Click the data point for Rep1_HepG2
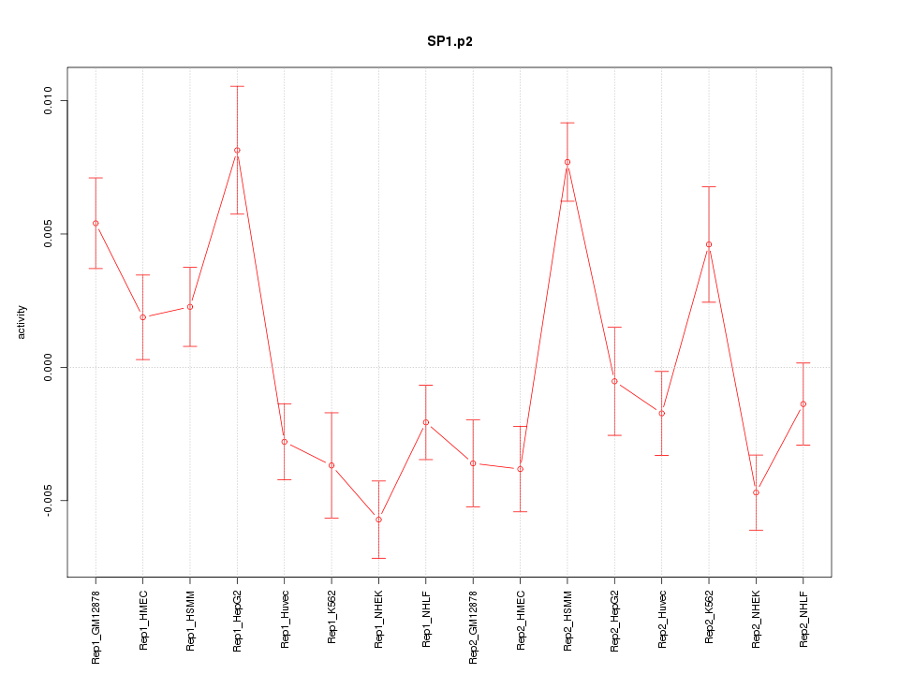pos(237,150)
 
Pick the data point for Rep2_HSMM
pos(567,162)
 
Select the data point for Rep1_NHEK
pos(378,520)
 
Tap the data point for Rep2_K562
pos(709,244)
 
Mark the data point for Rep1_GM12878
pos(96,223)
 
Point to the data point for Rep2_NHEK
pos(756,492)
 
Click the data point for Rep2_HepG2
pos(614,381)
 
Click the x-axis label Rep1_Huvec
pos(285,618)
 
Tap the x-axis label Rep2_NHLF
pos(803,619)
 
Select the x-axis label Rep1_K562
pos(332,617)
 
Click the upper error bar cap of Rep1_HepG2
pos(237,86)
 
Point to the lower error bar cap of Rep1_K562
pos(332,518)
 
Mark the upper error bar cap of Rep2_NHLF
pos(803,362)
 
